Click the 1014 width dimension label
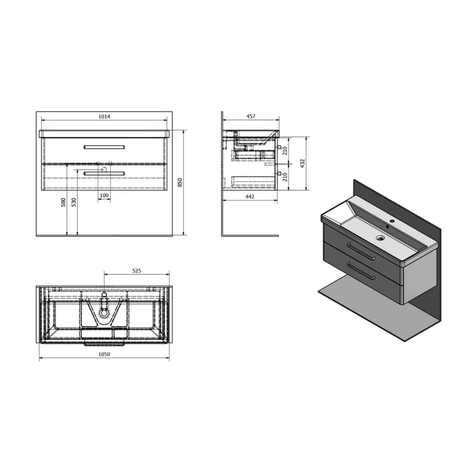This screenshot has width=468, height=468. (x=104, y=116)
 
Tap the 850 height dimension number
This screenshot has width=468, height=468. (x=180, y=183)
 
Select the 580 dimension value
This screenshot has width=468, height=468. (x=63, y=202)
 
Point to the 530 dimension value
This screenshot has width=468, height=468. (x=74, y=202)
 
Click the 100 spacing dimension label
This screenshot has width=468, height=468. (x=104, y=195)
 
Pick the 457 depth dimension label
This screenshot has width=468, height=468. (x=251, y=116)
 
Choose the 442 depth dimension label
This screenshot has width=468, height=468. (x=250, y=197)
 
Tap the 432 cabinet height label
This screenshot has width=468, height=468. (x=302, y=164)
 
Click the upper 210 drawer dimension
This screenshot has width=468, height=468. (x=285, y=151)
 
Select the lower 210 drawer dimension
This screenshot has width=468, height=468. (x=285, y=177)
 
